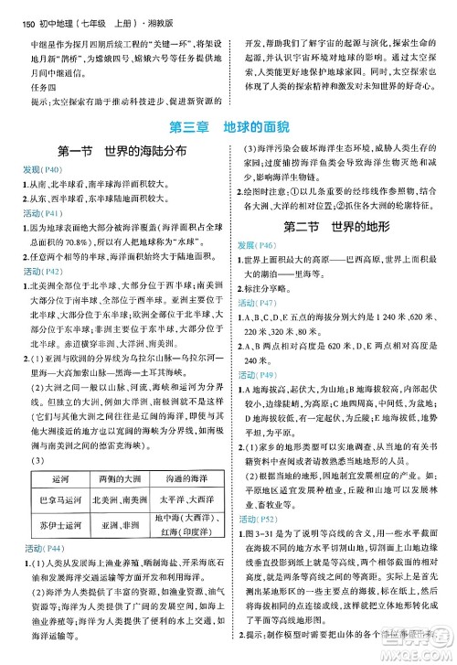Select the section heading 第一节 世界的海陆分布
(x=114, y=151)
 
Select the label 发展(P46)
(x=259, y=246)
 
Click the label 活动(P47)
(x=259, y=301)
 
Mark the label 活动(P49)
(x=259, y=374)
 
